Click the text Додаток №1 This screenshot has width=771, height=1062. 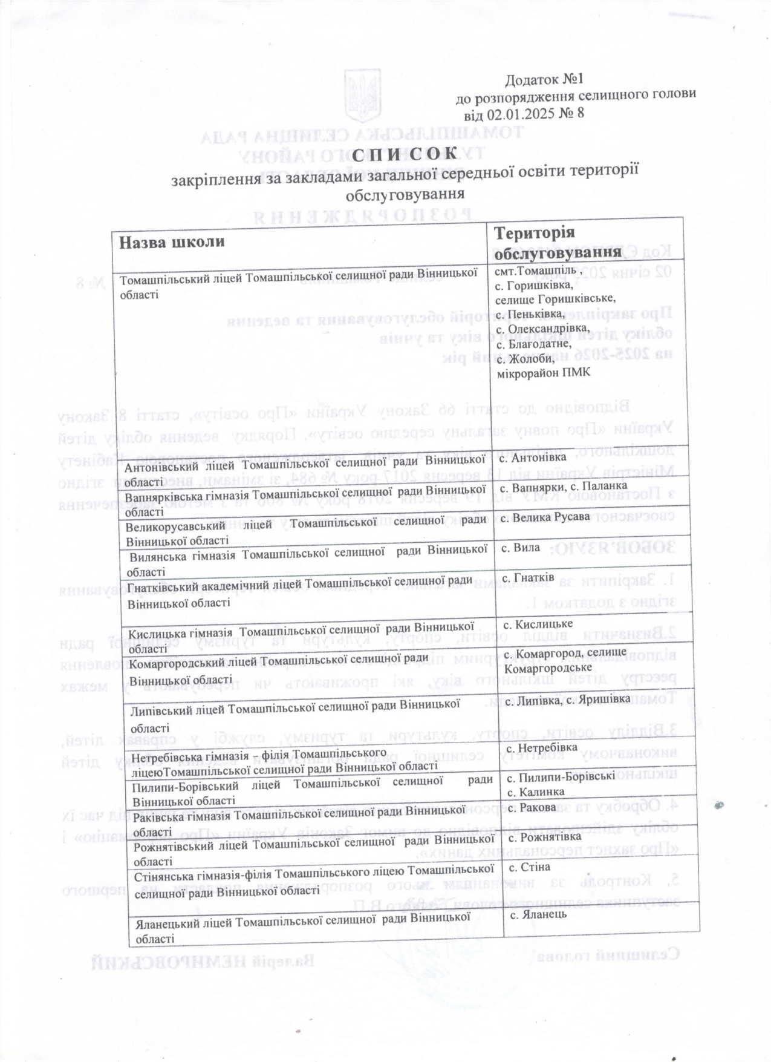pos(543,79)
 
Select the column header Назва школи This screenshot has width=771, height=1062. pos(172,241)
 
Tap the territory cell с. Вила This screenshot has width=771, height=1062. pos(522,547)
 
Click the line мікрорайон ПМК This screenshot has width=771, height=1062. pos(543,372)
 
